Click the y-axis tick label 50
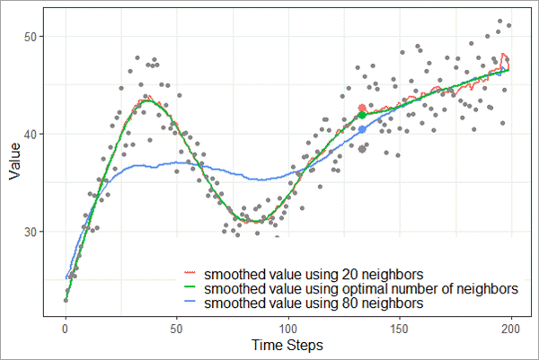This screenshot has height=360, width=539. click(30, 37)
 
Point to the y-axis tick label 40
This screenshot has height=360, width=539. click(30, 135)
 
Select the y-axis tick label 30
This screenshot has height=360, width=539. click(30, 233)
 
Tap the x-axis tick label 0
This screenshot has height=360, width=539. click(66, 329)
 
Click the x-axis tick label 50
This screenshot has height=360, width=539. click(177, 329)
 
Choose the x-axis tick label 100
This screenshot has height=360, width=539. click(288, 329)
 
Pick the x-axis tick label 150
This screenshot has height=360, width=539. click(400, 329)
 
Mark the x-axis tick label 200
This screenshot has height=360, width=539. click(511, 329)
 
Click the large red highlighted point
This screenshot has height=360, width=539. click(362, 109)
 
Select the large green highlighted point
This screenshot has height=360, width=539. click(362, 115)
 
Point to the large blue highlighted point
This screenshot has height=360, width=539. click(362, 129)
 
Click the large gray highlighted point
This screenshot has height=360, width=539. click(362, 149)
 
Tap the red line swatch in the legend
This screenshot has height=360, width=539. click(189, 272)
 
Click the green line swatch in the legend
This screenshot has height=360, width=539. click(189, 289)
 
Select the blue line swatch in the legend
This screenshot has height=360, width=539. click(189, 305)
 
